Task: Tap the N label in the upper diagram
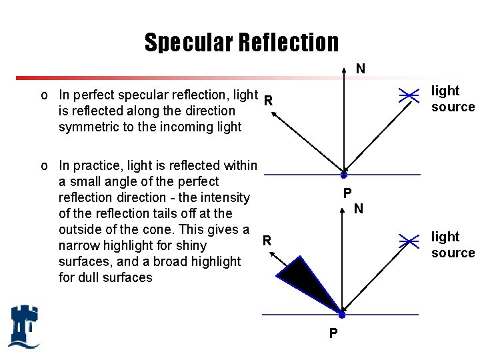point(360,69)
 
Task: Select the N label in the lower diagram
point(359,209)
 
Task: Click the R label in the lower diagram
point(266,241)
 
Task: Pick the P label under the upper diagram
point(347,194)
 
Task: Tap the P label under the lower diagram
point(333,333)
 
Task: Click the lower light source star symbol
point(409,241)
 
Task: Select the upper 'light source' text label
point(452,99)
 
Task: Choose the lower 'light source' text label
point(452,245)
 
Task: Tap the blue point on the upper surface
point(343,175)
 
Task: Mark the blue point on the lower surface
point(341,314)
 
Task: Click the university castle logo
point(24,326)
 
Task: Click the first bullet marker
point(44,95)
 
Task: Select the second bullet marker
point(44,165)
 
